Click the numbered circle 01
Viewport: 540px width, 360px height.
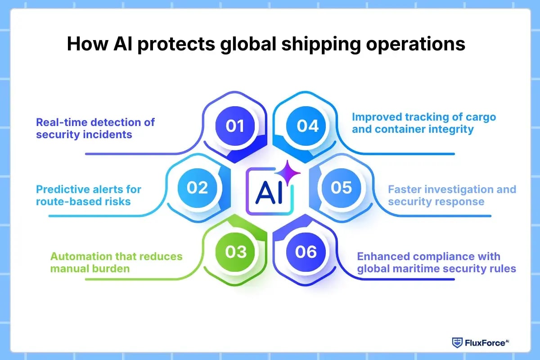point(234,126)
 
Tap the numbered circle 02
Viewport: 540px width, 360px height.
point(197,187)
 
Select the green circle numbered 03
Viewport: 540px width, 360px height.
point(235,251)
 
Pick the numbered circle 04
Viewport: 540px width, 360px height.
point(307,126)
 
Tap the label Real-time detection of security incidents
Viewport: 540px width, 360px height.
point(95,128)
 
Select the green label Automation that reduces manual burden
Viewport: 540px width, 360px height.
point(116,262)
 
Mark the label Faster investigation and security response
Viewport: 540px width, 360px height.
point(452,195)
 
